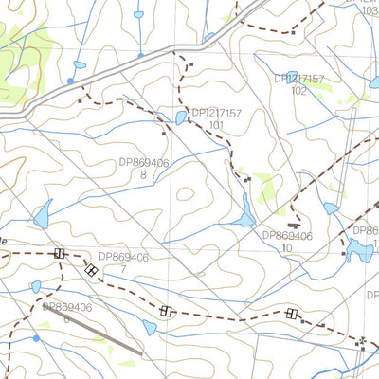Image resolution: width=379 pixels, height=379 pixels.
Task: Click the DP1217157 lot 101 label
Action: tap(217, 118)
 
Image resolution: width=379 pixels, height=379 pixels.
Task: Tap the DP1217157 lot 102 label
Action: tap(299, 84)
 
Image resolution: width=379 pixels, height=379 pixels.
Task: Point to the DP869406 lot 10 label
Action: tap(286, 241)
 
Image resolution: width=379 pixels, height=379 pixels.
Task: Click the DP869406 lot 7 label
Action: tap(123, 262)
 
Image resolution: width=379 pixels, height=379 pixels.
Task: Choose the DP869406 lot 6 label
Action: tap(66, 313)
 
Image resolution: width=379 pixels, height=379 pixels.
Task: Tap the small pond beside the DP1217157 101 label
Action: tap(180, 117)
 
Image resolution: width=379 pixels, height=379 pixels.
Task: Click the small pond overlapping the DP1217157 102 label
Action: tap(292, 79)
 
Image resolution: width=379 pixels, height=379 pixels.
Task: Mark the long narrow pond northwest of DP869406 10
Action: tap(244, 210)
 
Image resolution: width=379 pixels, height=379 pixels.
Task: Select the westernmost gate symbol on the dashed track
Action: tap(60, 253)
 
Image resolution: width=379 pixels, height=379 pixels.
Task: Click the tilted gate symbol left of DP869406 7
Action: tap(91, 269)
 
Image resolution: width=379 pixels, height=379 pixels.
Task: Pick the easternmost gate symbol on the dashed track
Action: tap(291, 314)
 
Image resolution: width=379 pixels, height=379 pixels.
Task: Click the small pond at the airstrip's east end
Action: tap(149, 328)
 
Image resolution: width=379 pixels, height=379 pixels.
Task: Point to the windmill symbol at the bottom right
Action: tap(362, 340)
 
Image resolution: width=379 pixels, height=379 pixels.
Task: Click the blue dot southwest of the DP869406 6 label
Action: tap(36, 337)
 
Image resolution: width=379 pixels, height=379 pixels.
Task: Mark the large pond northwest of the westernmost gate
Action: tap(42, 216)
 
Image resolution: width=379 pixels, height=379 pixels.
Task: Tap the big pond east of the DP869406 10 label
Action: tap(358, 250)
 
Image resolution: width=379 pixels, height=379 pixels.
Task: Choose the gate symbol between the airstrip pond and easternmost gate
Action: tap(167, 311)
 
